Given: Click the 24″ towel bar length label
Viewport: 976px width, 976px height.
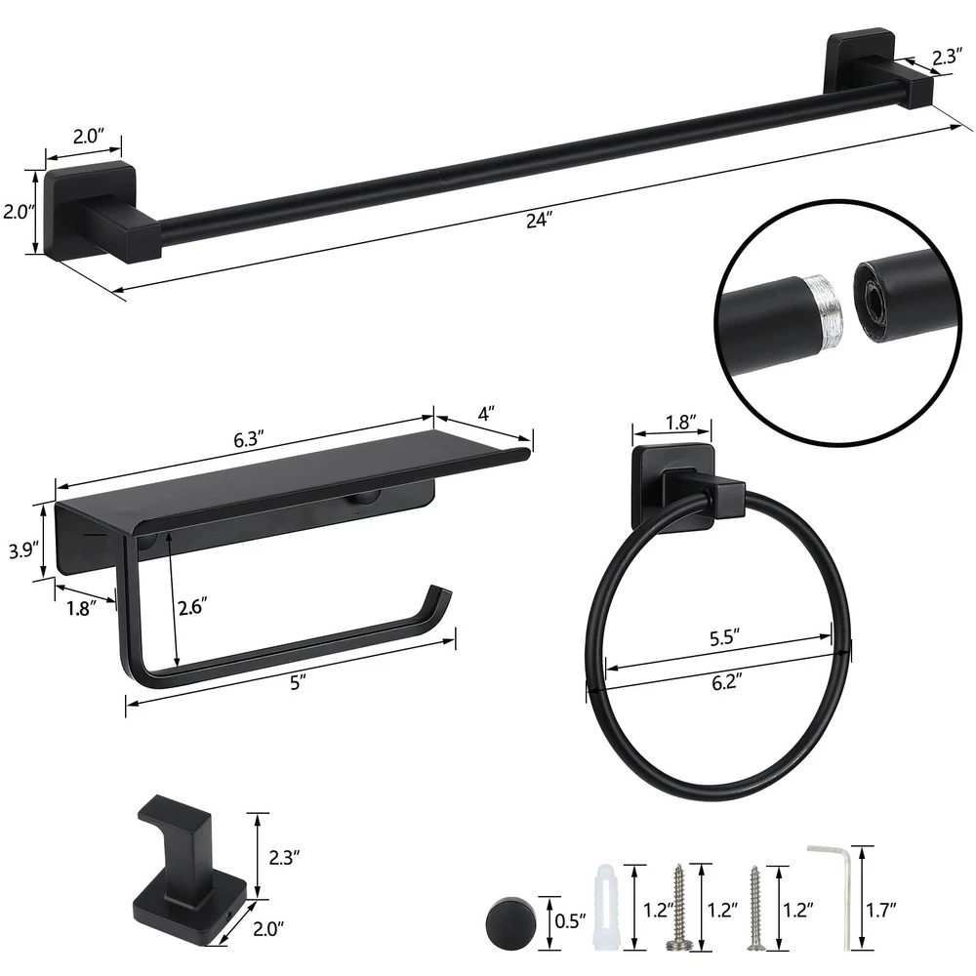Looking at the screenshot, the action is (539, 220).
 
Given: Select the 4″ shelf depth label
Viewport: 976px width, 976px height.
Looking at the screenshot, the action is (486, 414).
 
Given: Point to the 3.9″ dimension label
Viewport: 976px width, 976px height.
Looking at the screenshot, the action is (24, 550).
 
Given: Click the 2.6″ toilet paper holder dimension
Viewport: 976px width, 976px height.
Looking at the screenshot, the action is (192, 607).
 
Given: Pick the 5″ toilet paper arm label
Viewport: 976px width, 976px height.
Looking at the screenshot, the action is (298, 683).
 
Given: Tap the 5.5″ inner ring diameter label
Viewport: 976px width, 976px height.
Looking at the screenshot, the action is (724, 638).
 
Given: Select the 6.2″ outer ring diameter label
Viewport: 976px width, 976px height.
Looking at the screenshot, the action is (726, 682).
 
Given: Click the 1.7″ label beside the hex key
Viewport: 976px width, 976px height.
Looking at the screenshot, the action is (881, 911).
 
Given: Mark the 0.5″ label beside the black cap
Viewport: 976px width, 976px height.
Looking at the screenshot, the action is (570, 920).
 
